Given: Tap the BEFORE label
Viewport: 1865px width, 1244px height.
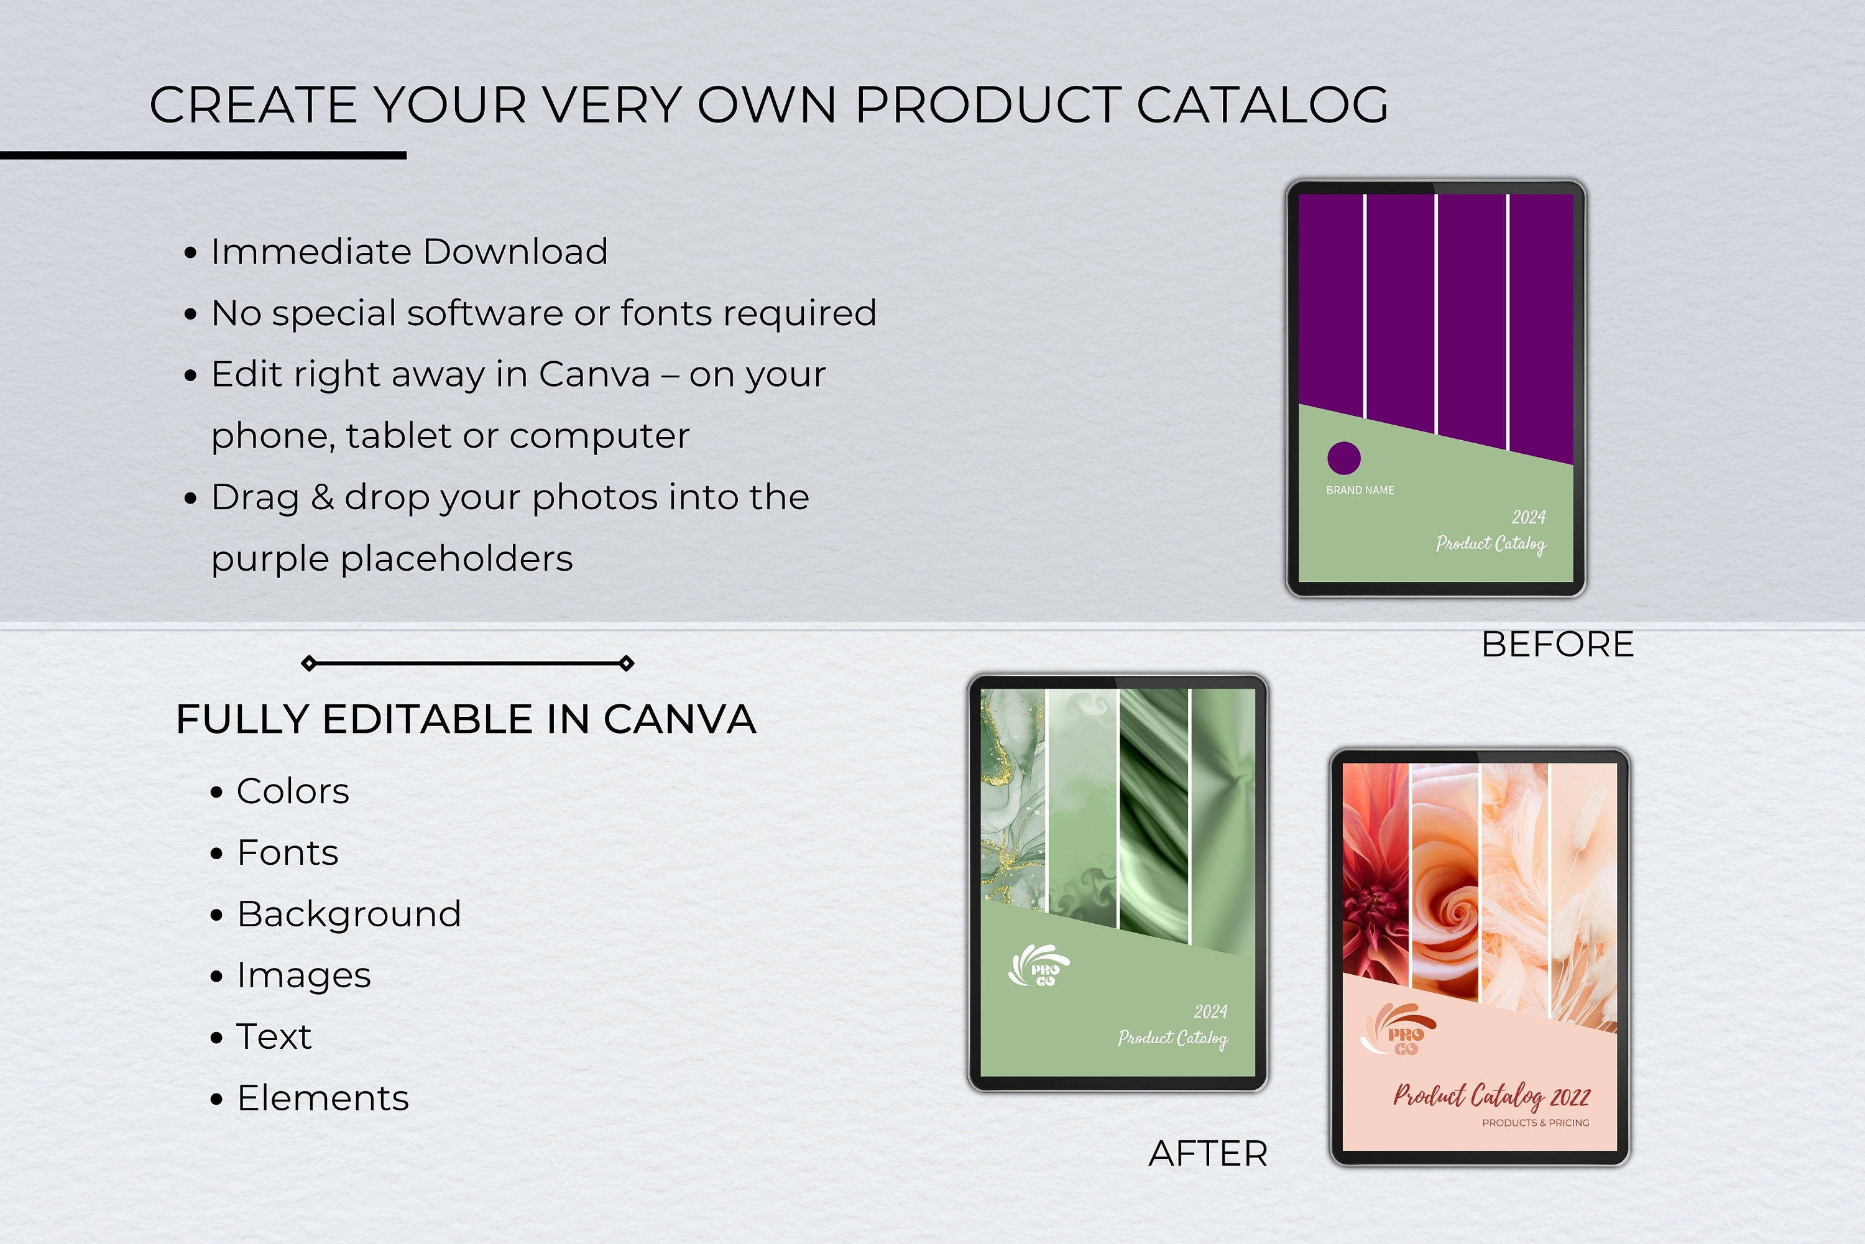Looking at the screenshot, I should tap(1557, 644).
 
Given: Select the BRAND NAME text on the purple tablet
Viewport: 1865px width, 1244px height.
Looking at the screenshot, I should tap(1360, 491).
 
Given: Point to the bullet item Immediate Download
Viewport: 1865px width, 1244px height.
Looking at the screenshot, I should tap(408, 252).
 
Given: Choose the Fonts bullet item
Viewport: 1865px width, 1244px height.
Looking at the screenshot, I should tap(287, 853).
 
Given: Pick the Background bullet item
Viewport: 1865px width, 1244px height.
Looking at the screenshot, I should tap(348, 914).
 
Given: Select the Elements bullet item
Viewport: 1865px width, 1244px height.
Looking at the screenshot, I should tap(322, 1098).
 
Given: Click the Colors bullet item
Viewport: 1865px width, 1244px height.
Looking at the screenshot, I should tap(292, 791).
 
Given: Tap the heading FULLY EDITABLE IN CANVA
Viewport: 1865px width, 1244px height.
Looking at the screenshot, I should tap(466, 719).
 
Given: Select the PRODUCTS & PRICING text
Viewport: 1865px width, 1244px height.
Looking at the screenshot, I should tap(1535, 1123).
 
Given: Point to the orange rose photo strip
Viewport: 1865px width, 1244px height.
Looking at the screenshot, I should tap(1445, 881).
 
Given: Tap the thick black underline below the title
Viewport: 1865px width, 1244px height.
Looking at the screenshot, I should tap(203, 155).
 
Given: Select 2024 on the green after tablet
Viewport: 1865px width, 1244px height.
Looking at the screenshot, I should tap(1210, 1011).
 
